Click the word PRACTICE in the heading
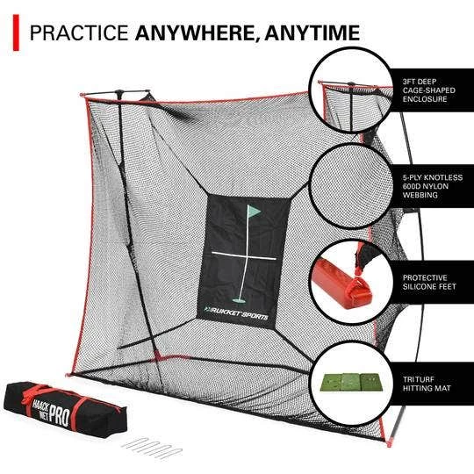[x=79, y=32]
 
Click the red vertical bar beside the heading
[x=15, y=32]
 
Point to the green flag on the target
[x=255, y=212]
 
